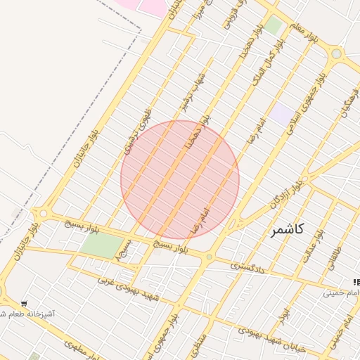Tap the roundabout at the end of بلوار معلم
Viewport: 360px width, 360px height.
tap(336, 53)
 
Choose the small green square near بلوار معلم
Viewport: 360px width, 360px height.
tap(273, 27)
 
